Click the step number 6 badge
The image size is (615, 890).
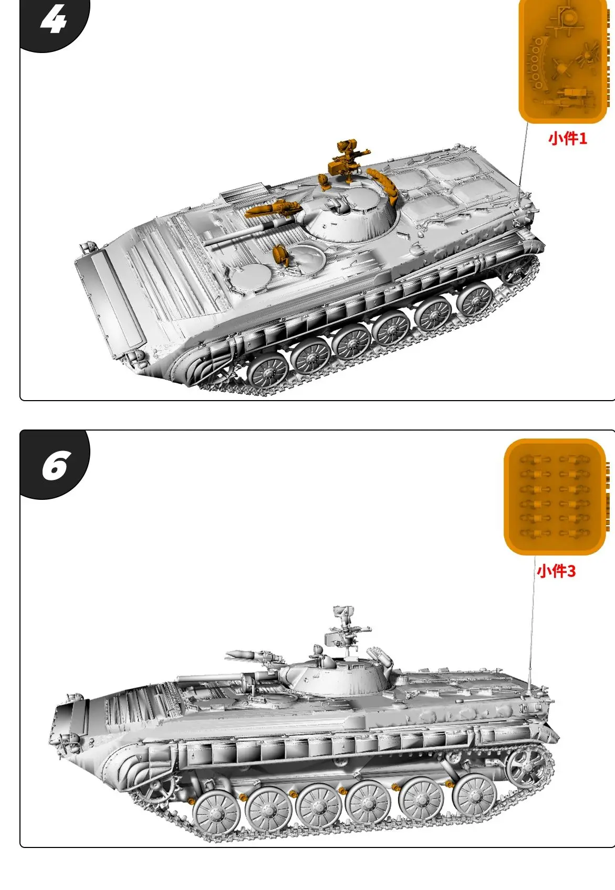tap(55, 465)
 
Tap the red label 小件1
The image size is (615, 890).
tap(567, 139)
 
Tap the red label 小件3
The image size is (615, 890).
tap(556, 571)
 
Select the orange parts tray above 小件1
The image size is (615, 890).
tap(562, 60)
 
